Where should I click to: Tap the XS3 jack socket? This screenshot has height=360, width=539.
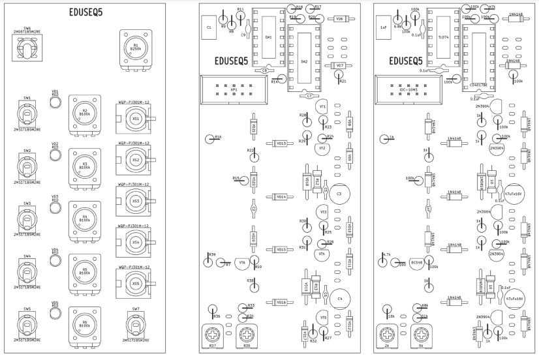point(136,202)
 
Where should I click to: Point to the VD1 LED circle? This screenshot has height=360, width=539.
point(55,101)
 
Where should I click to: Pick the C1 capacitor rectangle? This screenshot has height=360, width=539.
point(209,28)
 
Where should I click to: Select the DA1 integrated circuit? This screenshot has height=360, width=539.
point(269,37)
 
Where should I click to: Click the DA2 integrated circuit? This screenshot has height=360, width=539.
point(304,61)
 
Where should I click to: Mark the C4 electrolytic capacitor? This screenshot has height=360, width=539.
point(339,299)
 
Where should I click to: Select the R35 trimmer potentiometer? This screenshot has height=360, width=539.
point(246,337)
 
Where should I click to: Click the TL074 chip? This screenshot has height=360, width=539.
point(444,37)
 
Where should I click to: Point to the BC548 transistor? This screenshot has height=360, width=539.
point(417,262)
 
